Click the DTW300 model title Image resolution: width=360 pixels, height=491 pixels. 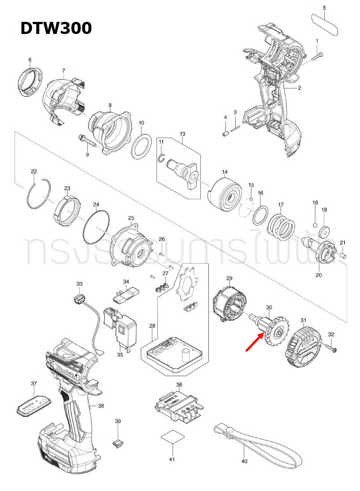tap(56, 28)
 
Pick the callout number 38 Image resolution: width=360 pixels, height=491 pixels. tap(101, 406)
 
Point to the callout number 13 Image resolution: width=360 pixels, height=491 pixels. tap(182, 134)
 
